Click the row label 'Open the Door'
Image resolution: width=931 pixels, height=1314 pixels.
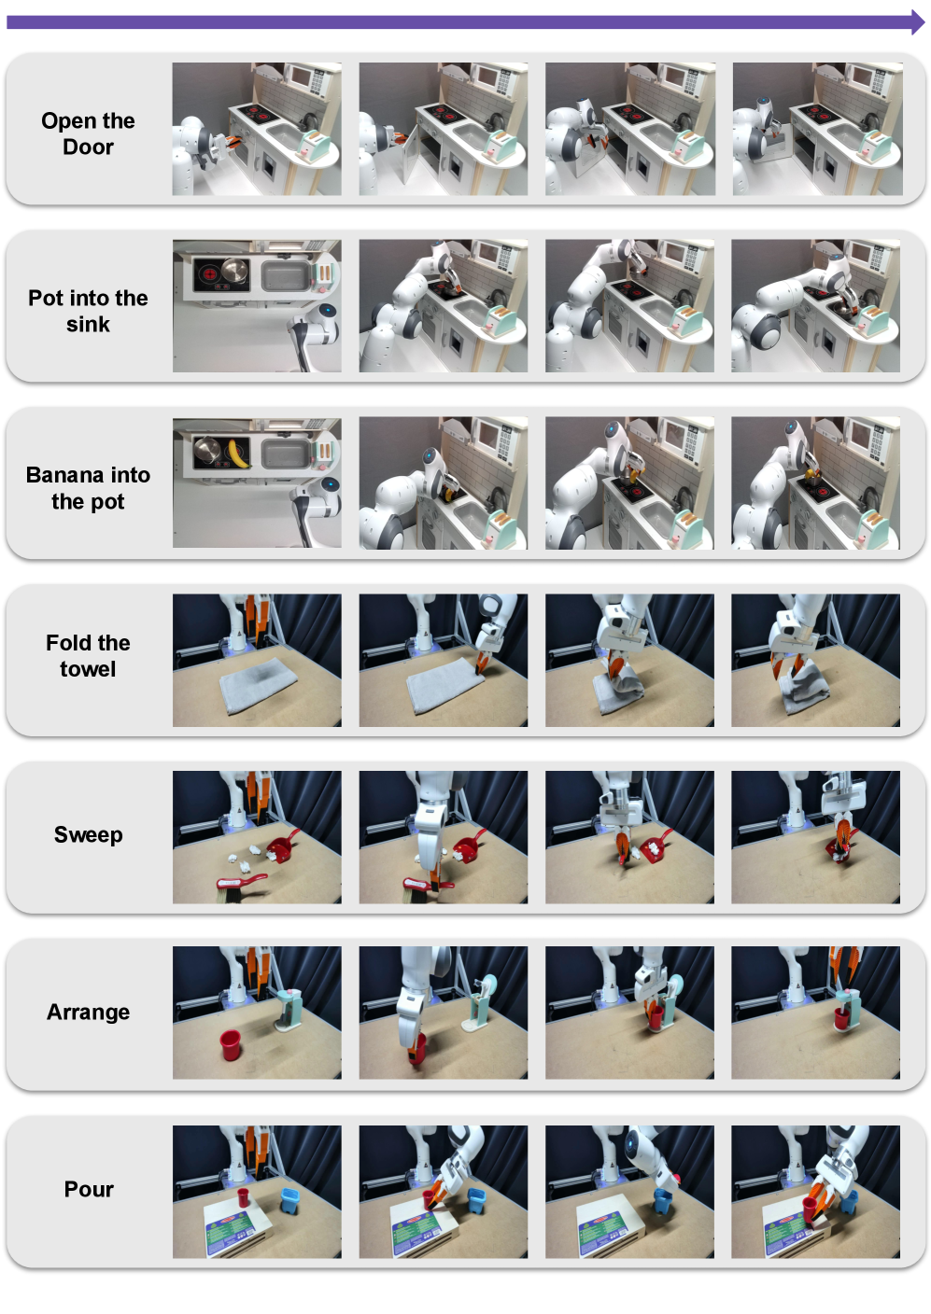pyautogui.click(x=88, y=133)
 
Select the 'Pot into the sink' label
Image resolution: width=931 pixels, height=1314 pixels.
pyautogui.click(x=88, y=311)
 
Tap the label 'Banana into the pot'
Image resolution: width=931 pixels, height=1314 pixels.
pyautogui.click(x=88, y=487)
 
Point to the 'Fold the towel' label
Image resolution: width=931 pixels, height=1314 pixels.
pyautogui.click(x=88, y=655)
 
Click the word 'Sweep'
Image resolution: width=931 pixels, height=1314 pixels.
pyautogui.click(x=88, y=834)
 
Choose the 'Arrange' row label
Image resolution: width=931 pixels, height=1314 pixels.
pyautogui.click(x=88, y=1012)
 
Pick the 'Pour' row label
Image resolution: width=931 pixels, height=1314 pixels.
pyautogui.click(x=88, y=1189)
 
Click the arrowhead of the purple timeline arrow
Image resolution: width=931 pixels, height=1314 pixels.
pyautogui.click(x=918, y=22)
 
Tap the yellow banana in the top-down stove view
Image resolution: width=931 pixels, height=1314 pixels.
pyautogui.click(x=237, y=454)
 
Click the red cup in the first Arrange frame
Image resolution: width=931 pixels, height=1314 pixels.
pyautogui.click(x=230, y=1044)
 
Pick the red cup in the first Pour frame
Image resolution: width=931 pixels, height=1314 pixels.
pyautogui.click(x=243, y=1196)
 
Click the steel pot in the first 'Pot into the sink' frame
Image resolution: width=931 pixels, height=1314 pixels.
pyautogui.click(x=234, y=273)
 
